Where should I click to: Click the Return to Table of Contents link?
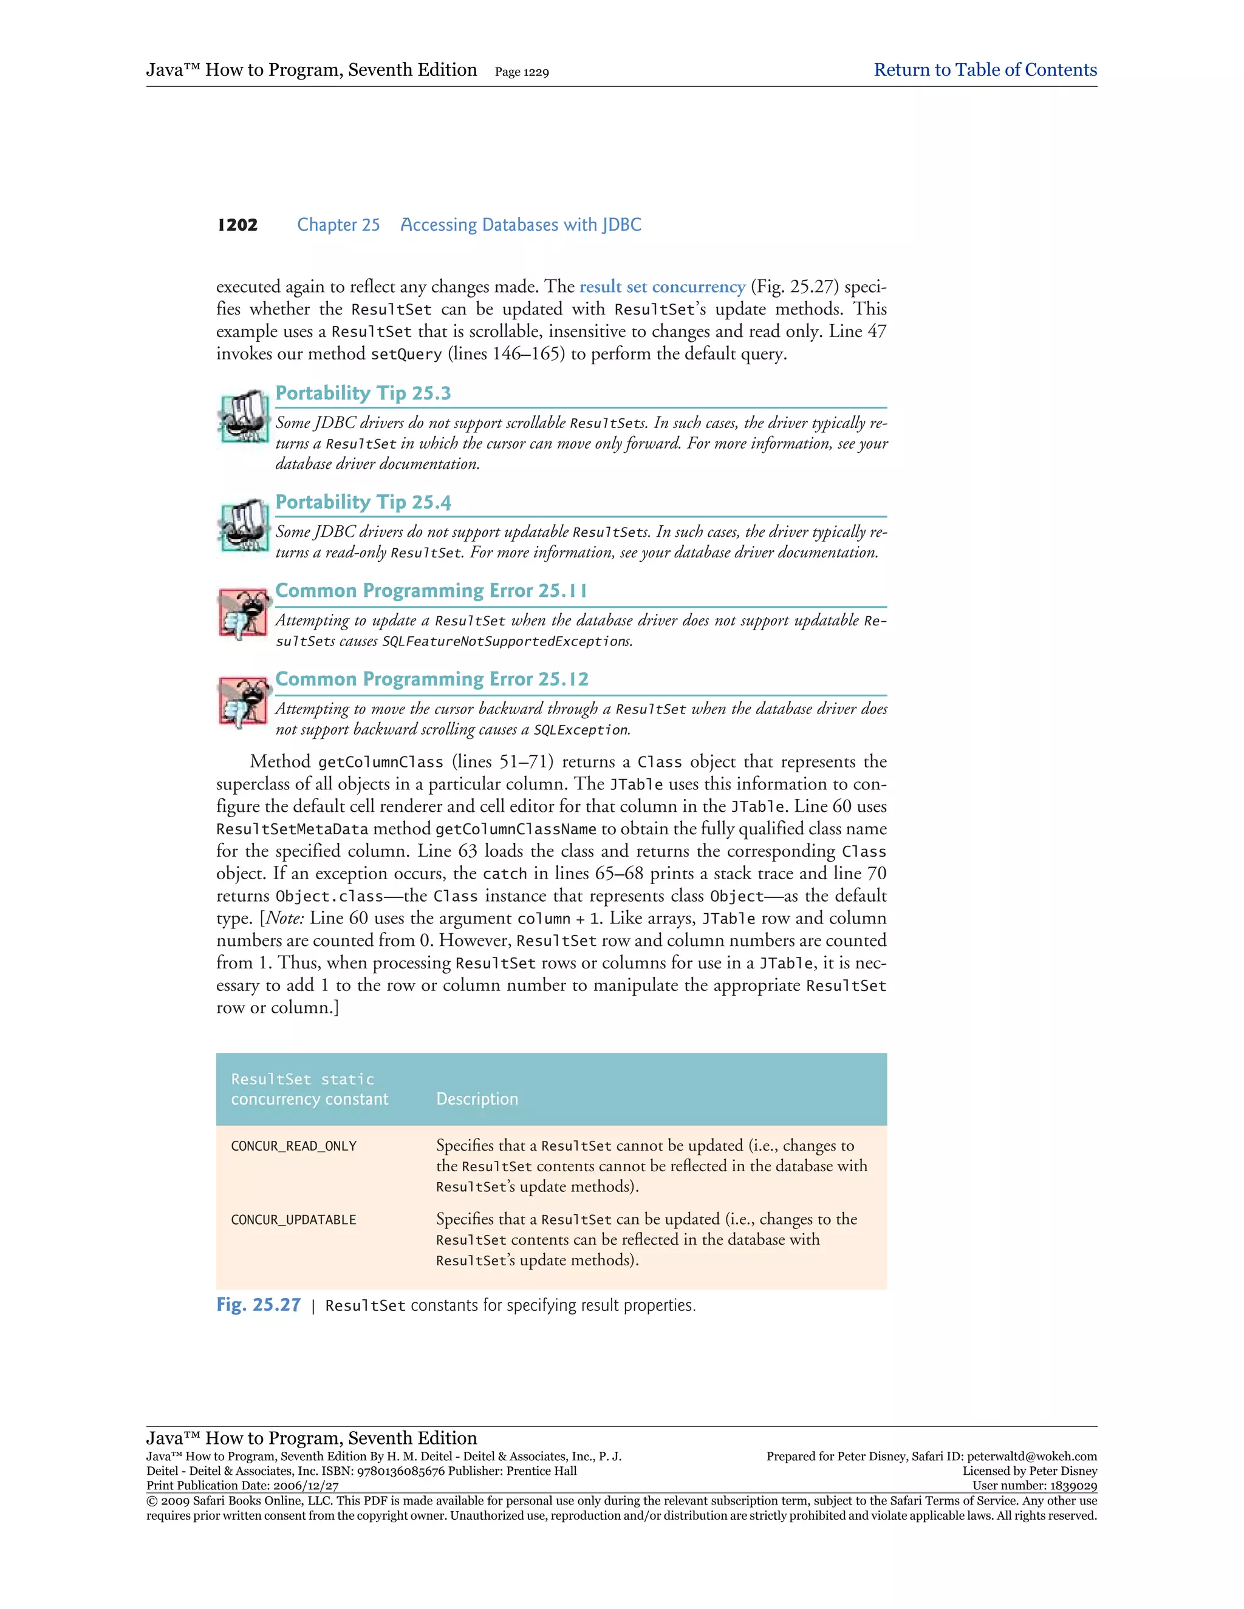[x=985, y=70]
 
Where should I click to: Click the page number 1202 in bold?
[x=238, y=225]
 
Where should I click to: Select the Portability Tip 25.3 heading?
[x=363, y=393]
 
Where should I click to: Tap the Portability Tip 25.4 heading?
[x=363, y=503]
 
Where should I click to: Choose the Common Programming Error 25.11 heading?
[x=431, y=591]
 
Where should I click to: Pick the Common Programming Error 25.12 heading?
[x=432, y=679]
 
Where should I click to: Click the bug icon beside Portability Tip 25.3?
[x=242, y=417]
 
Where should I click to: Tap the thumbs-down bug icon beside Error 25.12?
[x=242, y=701]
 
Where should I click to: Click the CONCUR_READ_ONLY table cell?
[x=293, y=1146]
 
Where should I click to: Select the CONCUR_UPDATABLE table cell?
[x=293, y=1220]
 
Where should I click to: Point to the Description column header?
[x=477, y=1099]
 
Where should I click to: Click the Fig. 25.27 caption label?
[x=258, y=1305]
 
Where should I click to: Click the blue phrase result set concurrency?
[x=662, y=287]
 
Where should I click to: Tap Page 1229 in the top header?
[x=522, y=72]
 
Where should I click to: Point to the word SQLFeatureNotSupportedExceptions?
[x=507, y=642]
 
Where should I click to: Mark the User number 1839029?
[x=1072, y=1486]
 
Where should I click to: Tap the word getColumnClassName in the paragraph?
[x=515, y=829]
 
